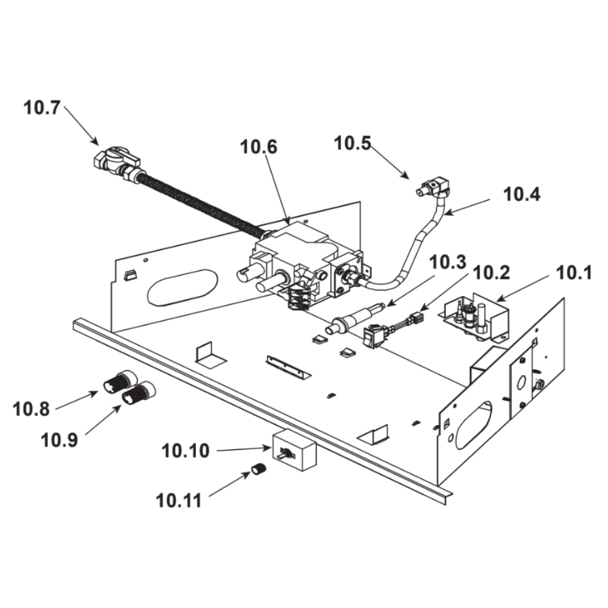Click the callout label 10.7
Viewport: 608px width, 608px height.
point(43,108)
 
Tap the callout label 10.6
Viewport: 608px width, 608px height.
point(258,147)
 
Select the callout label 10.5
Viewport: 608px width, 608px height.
point(353,143)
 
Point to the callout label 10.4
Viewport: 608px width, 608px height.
point(522,195)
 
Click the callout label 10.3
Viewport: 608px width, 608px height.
point(447,262)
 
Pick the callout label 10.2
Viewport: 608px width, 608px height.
point(491,273)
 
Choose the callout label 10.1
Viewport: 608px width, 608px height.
point(574,273)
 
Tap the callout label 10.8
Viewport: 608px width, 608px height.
point(31,409)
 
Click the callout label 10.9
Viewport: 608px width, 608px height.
point(60,440)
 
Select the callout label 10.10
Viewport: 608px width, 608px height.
point(185,451)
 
